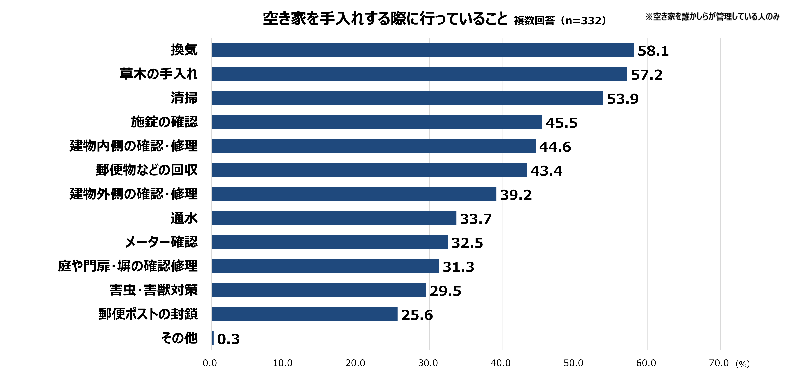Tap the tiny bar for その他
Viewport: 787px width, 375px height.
tap(212, 338)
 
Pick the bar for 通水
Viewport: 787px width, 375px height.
tap(334, 218)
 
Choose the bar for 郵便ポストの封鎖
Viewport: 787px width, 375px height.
tap(304, 314)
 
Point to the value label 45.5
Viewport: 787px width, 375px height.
tap(562, 123)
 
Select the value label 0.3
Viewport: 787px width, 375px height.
tap(228, 339)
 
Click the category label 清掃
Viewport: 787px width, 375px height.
tap(184, 98)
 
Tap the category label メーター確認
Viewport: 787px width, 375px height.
tap(161, 242)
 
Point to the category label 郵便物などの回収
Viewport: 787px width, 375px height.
tap(147, 170)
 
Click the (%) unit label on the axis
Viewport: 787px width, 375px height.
tap(742, 364)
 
